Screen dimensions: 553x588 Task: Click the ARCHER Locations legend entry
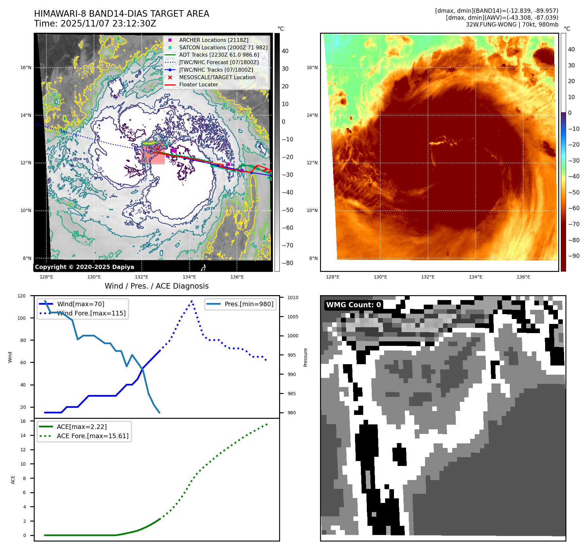[x=213, y=40]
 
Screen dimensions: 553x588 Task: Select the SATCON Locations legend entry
[x=223, y=47]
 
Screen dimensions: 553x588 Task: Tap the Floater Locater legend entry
[x=198, y=84]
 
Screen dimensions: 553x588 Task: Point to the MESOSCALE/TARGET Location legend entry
[x=217, y=77]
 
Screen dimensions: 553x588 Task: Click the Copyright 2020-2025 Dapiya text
[x=84, y=267]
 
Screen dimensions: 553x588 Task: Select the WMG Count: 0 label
[x=353, y=305]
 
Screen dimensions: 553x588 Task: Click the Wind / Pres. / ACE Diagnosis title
[x=156, y=286]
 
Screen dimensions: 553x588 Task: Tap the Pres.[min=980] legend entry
[x=249, y=304]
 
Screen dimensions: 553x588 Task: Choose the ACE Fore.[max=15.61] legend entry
[x=93, y=436]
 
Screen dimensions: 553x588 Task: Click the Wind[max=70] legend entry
[x=80, y=304]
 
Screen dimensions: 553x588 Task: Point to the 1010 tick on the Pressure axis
[x=293, y=297]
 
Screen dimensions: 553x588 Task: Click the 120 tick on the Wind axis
[x=22, y=296]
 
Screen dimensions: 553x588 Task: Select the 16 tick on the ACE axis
[x=23, y=421]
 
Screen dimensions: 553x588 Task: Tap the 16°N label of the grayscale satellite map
[x=26, y=68]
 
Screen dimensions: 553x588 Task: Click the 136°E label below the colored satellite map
[x=523, y=277]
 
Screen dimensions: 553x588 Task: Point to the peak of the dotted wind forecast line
[x=192, y=300]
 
